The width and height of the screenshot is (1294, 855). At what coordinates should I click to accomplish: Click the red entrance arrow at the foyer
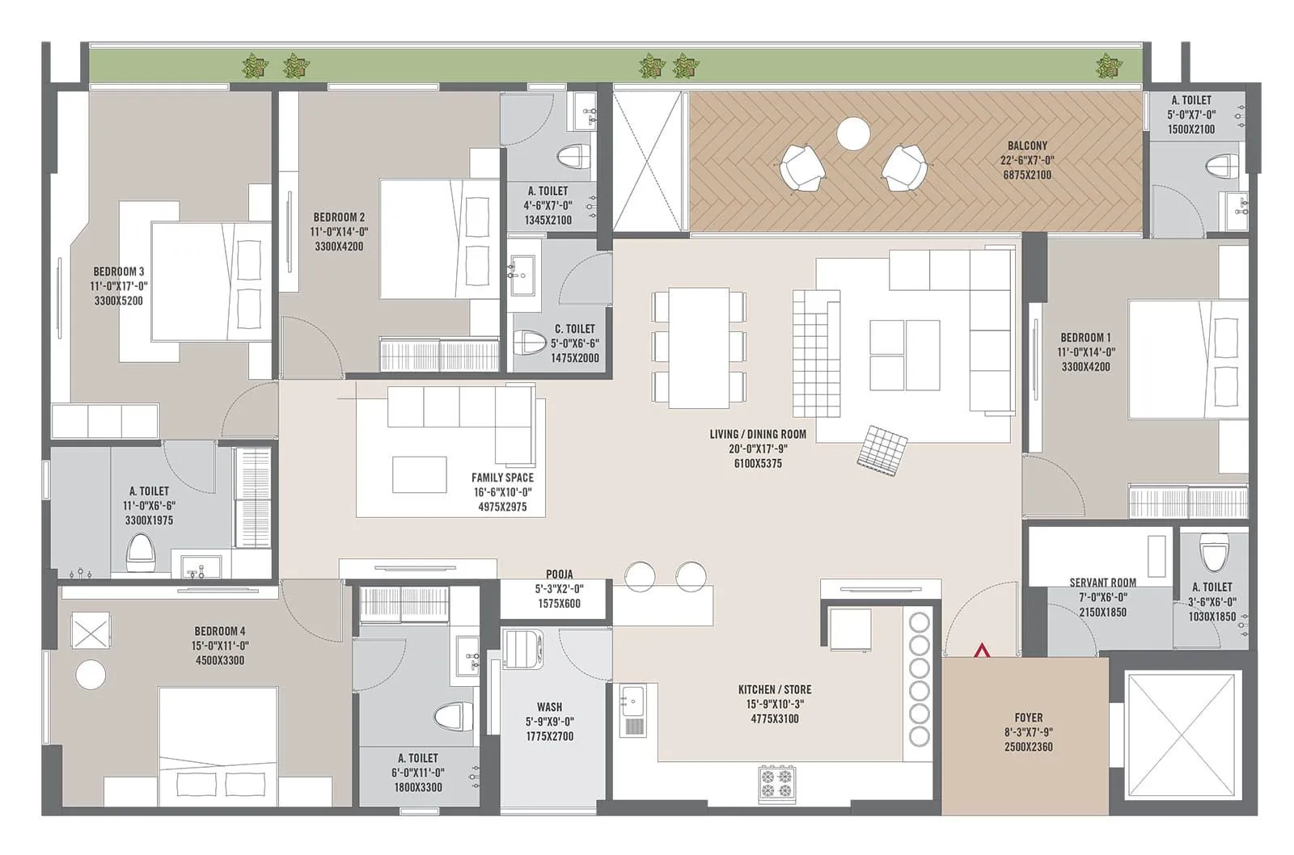[x=981, y=650]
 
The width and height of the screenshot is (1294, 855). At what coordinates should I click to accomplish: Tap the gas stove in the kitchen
[x=776, y=783]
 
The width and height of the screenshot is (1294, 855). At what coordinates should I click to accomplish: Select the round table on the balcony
[x=853, y=134]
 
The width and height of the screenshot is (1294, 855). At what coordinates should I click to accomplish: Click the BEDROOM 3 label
[x=119, y=272]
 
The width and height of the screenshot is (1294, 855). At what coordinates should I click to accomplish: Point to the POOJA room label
[x=559, y=575]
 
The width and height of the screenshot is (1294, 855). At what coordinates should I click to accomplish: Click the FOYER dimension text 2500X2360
[x=1028, y=747]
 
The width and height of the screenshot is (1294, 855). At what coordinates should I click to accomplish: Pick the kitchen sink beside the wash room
[x=632, y=710]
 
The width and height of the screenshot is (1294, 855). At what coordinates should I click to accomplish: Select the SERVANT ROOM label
[x=1102, y=583]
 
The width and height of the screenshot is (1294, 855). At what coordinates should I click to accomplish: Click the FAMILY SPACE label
[x=502, y=478]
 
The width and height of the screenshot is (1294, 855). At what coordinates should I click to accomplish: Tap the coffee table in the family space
[x=419, y=474]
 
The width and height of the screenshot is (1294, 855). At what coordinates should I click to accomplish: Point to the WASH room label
[x=549, y=707]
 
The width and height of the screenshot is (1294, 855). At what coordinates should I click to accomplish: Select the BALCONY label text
[x=1027, y=146]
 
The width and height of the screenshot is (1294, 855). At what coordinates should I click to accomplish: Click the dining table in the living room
[x=699, y=347]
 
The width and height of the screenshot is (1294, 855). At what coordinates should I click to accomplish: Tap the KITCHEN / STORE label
[x=774, y=689]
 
